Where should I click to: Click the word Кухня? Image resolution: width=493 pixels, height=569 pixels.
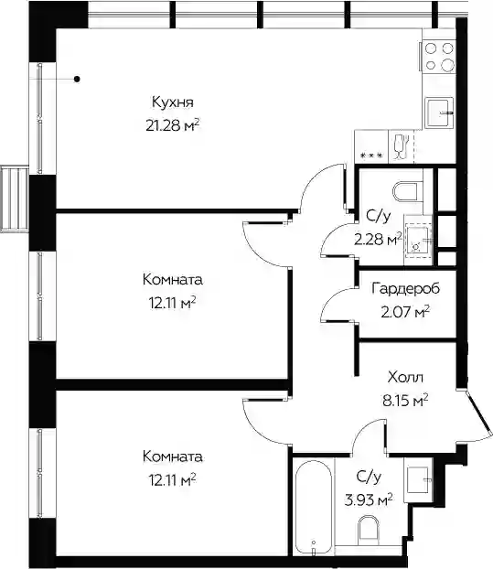[x=172, y=102]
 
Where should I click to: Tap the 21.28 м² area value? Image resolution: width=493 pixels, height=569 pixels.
[x=173, y=125]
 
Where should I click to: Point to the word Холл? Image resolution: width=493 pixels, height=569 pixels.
[x=405, y=378]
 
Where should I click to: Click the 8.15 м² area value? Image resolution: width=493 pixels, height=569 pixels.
[x=405, y=401]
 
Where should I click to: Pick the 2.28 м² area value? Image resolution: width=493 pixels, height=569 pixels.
[x=378, y=239]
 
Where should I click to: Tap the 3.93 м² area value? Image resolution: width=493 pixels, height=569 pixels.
[x=369, y=500]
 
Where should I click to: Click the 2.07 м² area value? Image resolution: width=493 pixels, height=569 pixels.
[x=405, y=312]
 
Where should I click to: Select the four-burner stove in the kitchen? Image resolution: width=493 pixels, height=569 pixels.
[x=437, y=56]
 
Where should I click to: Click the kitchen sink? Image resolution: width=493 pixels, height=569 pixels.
[x=440, y=113]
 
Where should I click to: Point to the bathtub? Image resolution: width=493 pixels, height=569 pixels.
[x=313, y=512]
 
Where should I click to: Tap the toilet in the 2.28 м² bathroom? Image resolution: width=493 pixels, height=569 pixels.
[x=408, y=191]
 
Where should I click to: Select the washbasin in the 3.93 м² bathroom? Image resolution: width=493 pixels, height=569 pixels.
[x=418, y=479]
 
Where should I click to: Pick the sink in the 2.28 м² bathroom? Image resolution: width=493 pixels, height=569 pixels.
[x=418, y=240]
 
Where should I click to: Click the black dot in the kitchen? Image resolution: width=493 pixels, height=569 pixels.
[x=77, y=79]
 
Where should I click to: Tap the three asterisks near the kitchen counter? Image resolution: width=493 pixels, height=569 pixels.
[x=371, y=156]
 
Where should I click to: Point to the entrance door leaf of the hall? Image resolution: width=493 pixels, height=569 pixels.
[x=479, y=413]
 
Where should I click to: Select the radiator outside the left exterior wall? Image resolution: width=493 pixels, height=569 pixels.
[x=15, y=199]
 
